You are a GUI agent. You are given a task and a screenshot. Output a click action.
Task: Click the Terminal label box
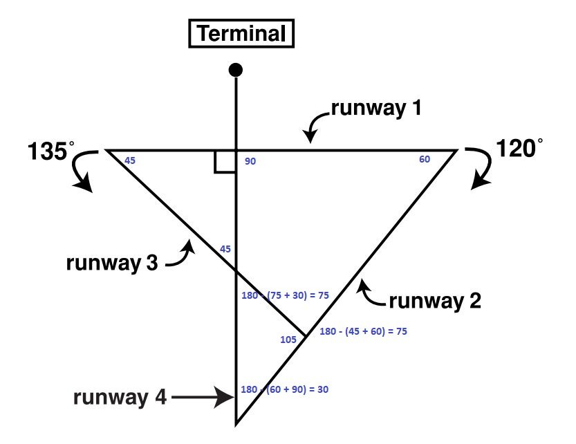241,34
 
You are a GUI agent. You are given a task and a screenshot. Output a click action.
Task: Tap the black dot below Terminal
236,69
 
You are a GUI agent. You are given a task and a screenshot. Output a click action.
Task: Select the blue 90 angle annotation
250,161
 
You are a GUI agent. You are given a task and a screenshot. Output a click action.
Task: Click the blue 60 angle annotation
425,160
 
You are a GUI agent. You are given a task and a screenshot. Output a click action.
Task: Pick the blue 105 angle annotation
288,340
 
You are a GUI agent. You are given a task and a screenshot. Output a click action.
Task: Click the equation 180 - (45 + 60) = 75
363,331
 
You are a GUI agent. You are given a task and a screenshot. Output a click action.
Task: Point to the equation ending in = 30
284,389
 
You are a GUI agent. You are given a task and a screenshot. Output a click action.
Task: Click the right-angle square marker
225,162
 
